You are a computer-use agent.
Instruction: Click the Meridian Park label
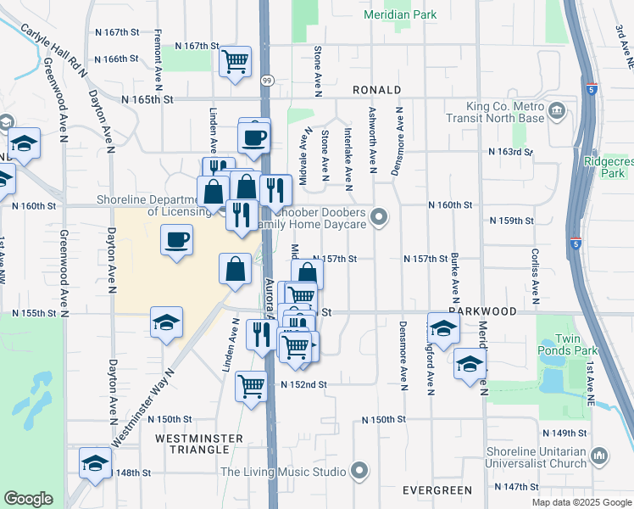coord(399,14)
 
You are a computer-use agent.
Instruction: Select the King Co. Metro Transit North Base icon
coord(558,111)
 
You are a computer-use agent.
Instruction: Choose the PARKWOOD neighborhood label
coord(482,311)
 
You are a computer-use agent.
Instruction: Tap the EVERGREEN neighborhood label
coord(437,490)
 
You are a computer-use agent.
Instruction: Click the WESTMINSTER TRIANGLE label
coord(200,445)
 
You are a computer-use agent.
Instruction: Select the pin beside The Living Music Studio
coord(361,471)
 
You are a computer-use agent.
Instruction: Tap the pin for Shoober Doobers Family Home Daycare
coord(379,218)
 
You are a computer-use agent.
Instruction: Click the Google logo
coord(28,499)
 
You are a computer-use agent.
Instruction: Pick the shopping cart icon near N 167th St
coord(235,60)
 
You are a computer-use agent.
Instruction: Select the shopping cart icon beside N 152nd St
coord(252,385)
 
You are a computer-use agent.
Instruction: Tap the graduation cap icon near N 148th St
coord(95,463)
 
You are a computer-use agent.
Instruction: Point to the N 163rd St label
coord(511,152)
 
